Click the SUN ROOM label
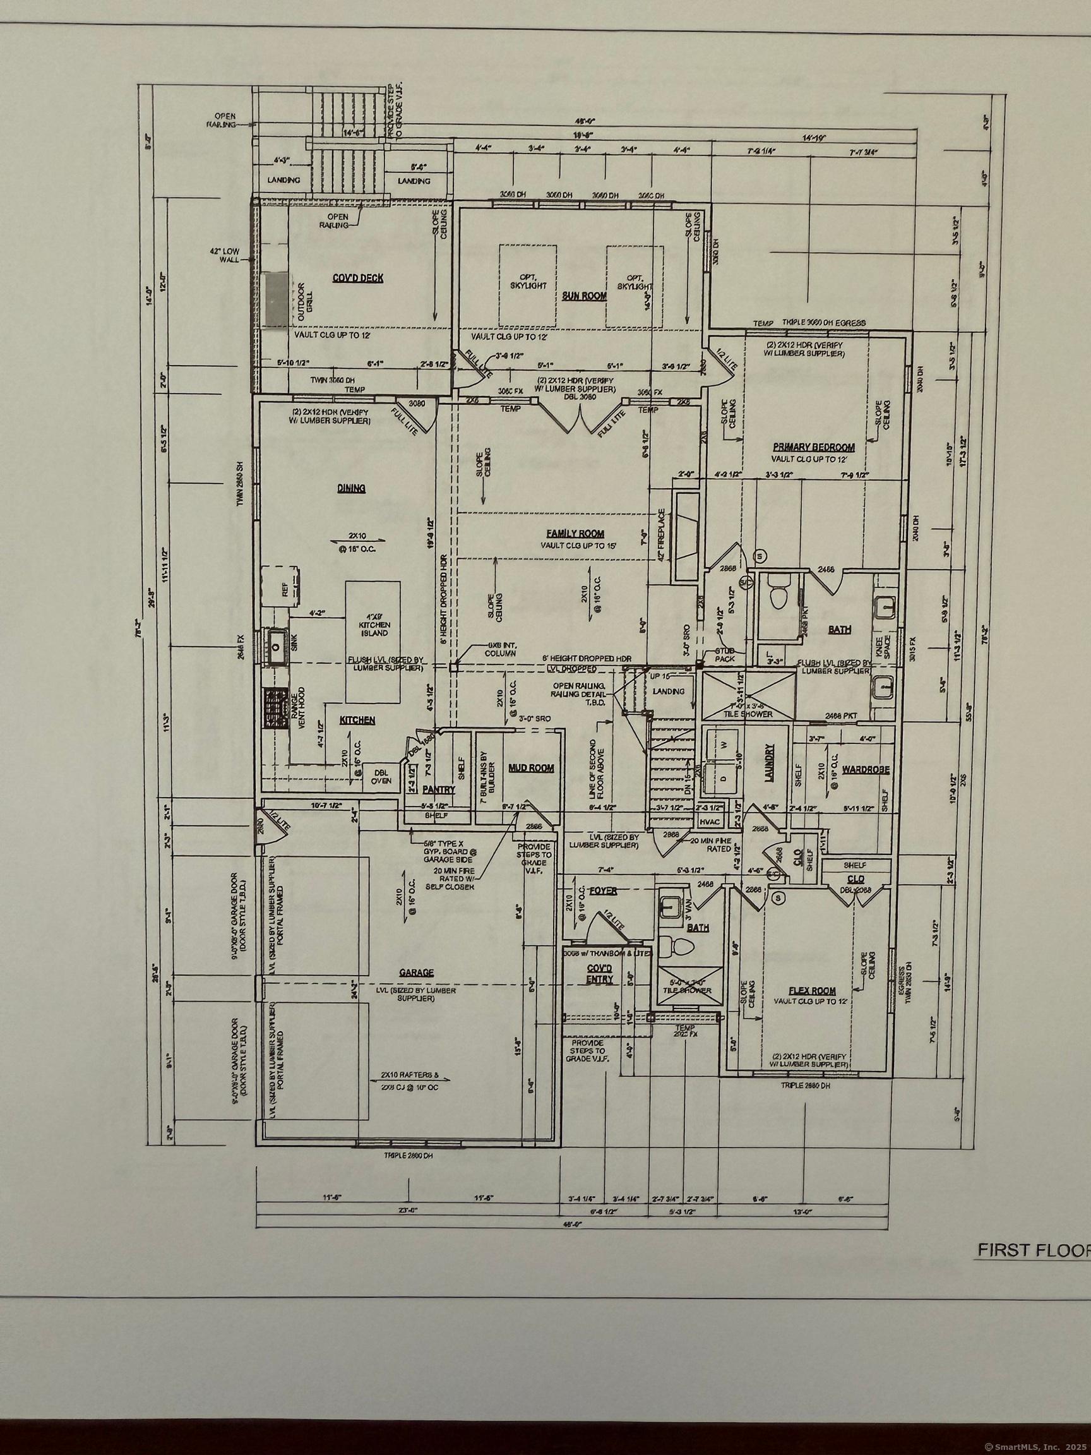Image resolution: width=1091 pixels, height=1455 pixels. coord(584,297)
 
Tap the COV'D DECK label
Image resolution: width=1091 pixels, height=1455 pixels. coord(357,278)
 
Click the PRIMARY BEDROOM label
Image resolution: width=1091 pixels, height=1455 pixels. coord(813,447)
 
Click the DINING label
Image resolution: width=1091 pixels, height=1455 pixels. coord(352,488)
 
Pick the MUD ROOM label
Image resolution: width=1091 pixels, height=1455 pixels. coord(532,768)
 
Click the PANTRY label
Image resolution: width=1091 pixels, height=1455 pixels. coord(434,788)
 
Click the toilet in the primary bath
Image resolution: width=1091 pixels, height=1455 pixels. coord(777,596)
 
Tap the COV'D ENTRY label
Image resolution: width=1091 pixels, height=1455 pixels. coord(599,973)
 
